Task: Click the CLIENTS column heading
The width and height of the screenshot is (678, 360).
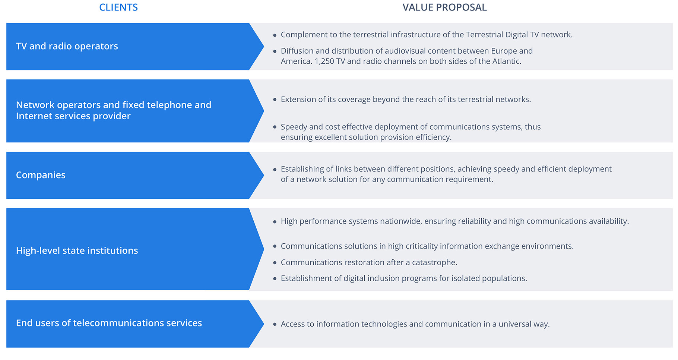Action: coord(118,7)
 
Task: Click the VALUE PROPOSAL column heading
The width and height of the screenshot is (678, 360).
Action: coord(444,7)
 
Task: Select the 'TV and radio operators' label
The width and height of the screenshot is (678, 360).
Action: coord(67,46)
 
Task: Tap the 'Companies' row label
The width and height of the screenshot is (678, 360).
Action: coord(41,175)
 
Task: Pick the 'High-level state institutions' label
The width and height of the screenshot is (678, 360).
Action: coord(77,250)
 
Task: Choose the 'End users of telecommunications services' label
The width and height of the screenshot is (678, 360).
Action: coord(109,323)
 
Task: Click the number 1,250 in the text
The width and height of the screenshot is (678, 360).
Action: coord(324,61)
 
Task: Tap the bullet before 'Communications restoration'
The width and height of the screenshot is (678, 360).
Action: coord(275,263)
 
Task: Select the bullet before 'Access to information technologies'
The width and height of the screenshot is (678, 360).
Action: coord(275,324)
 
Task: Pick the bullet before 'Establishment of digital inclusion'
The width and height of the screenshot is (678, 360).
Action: coord(275,279)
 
